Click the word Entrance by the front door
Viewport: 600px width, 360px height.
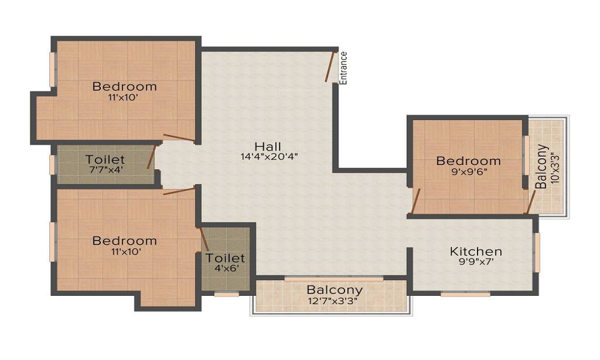343,68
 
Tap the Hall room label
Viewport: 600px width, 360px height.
268,146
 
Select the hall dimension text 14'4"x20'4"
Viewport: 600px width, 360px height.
269,157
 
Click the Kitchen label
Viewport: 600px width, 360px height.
476,251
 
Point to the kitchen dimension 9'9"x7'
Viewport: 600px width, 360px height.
476,262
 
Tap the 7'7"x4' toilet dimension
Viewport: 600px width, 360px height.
106,169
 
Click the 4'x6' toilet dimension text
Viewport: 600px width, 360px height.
227,268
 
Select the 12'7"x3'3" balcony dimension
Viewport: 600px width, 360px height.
333,301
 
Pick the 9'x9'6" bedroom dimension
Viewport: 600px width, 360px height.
469,172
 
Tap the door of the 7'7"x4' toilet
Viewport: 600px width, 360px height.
152,157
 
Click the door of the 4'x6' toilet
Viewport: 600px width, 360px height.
203,239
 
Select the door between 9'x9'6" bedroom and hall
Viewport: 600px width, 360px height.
416,201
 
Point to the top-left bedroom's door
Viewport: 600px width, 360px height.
179,138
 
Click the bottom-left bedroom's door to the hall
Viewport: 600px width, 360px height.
179,191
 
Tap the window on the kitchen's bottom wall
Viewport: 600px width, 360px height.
466,294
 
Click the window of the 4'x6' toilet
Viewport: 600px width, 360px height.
227,294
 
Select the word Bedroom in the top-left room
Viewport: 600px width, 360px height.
125,86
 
